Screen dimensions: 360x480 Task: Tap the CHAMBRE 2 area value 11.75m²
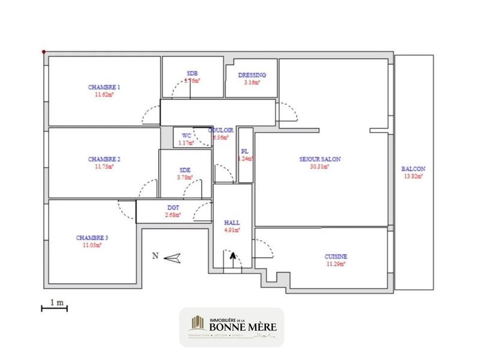(x=104, y=167)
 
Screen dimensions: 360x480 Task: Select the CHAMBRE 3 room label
(x=92, y=238)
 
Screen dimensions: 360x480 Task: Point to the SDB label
(x=192, y=73)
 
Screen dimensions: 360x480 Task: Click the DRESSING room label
(x=251, y=75)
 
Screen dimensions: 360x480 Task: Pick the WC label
(x=186, y=136)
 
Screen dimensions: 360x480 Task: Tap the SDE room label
(x=185, y=170)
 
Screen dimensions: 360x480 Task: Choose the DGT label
(x=173, y=207)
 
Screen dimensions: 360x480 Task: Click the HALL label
(x=232, y=221)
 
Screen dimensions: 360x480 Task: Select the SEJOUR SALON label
(x=320, y=160)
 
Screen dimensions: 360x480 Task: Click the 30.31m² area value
(x=320, y=167)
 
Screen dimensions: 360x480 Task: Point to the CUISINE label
(x=336, y=257)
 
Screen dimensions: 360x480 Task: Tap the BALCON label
(x=413, y=169)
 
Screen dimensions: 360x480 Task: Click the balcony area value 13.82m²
(x=413, y=176)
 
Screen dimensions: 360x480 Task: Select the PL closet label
(x=245, y=152)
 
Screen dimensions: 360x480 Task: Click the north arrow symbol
(x=172, y=257)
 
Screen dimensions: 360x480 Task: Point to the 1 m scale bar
(x=53, y=308)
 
